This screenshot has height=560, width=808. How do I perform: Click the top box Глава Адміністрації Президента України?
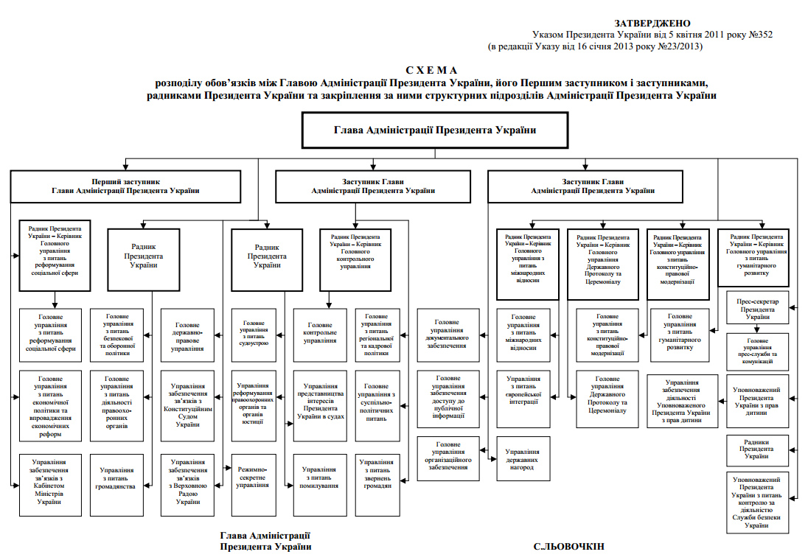click(435, 130)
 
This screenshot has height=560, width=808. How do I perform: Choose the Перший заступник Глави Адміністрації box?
click(125, 186)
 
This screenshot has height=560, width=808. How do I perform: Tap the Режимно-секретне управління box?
click(252, 476)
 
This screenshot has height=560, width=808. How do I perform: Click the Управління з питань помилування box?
click(320, 476)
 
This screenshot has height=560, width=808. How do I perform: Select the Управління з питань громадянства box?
click(116, 476)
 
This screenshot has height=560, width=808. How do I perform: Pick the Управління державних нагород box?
click(523, 459)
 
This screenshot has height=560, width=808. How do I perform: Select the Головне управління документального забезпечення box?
click(448, 334)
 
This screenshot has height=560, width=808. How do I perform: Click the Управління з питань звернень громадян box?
click(381, 476)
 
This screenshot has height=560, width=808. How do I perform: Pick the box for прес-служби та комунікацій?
click(757, 352)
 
